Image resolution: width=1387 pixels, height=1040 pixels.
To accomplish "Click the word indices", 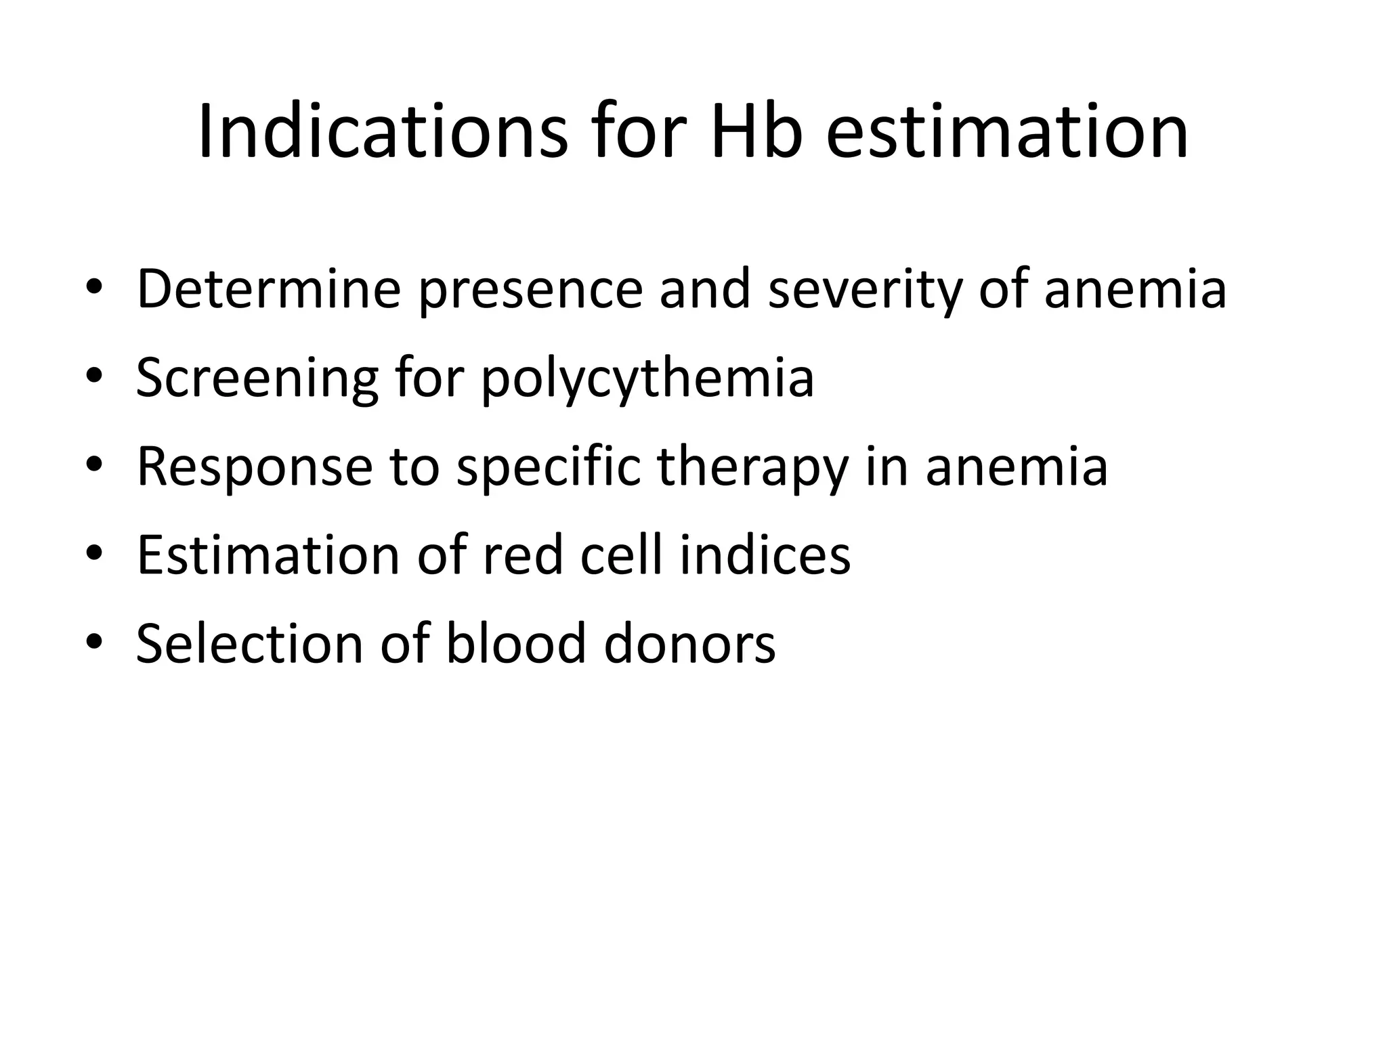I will [x=765, y=555].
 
